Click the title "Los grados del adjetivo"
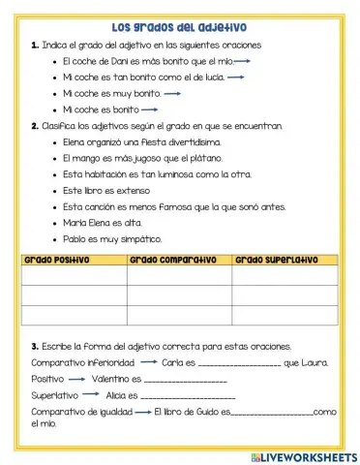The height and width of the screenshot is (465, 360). pyautogui.click(x=179, y=27)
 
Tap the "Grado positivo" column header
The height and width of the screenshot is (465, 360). pyautogui.click(x=56, y=260)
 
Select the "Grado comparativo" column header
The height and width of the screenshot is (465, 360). pyautogui.click(x=165, y=260)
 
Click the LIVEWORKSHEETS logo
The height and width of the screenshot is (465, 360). pyautogui.click(x=303, y=456)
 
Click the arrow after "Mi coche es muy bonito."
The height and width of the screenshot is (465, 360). pyautogui.click(x=173, y=93)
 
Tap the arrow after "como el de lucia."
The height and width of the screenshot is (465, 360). pyautogui.click(x=235, y=77)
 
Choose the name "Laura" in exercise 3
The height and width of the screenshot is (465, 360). pyautogui.click(x=315, y=363)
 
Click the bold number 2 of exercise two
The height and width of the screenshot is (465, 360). pyautogui.click(x=34, y=125)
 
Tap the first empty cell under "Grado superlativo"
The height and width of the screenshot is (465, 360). pyautogui.click(x=285, y=275)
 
